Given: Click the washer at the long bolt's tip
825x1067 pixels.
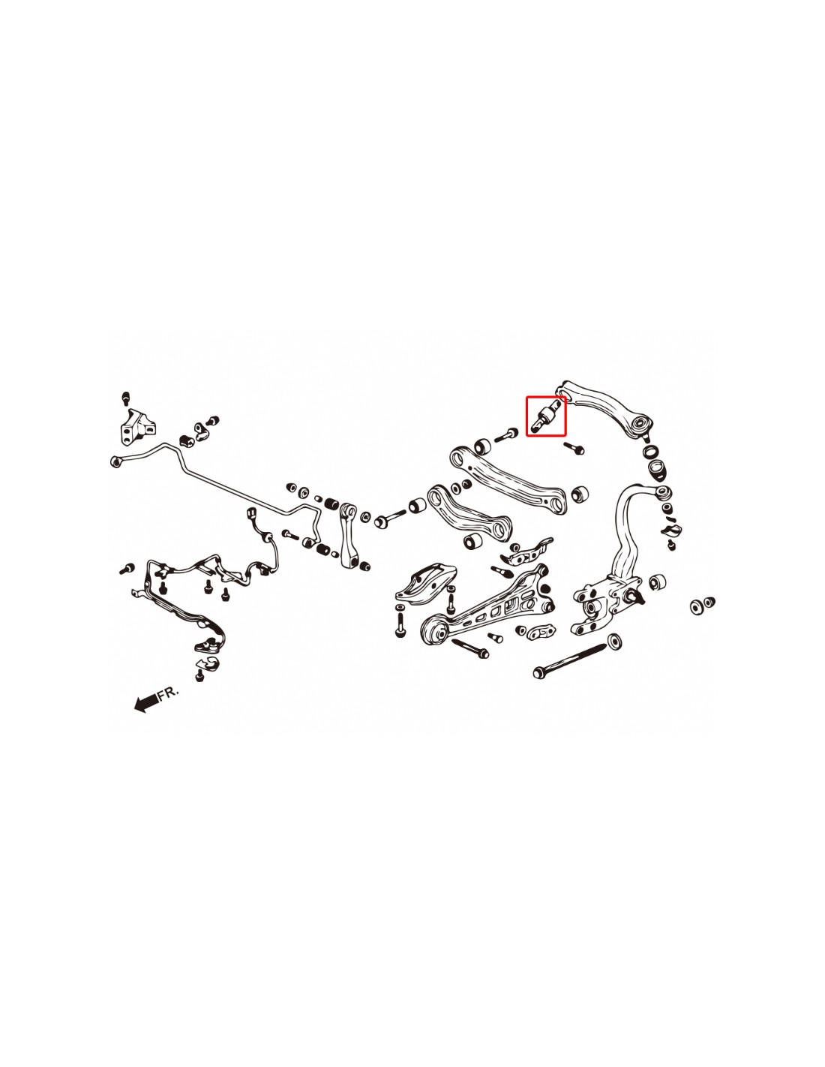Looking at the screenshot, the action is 614,642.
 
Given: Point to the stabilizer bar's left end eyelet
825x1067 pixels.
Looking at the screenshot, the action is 116,461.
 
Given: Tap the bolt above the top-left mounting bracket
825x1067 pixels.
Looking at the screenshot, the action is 126,398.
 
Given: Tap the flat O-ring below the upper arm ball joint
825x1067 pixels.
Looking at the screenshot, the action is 651,449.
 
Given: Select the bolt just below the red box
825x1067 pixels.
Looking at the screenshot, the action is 574,446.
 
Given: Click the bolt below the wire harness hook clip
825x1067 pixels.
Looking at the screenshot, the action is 199,676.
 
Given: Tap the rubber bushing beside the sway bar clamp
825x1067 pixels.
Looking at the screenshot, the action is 185,440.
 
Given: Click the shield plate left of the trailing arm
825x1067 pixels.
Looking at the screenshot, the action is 425,584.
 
